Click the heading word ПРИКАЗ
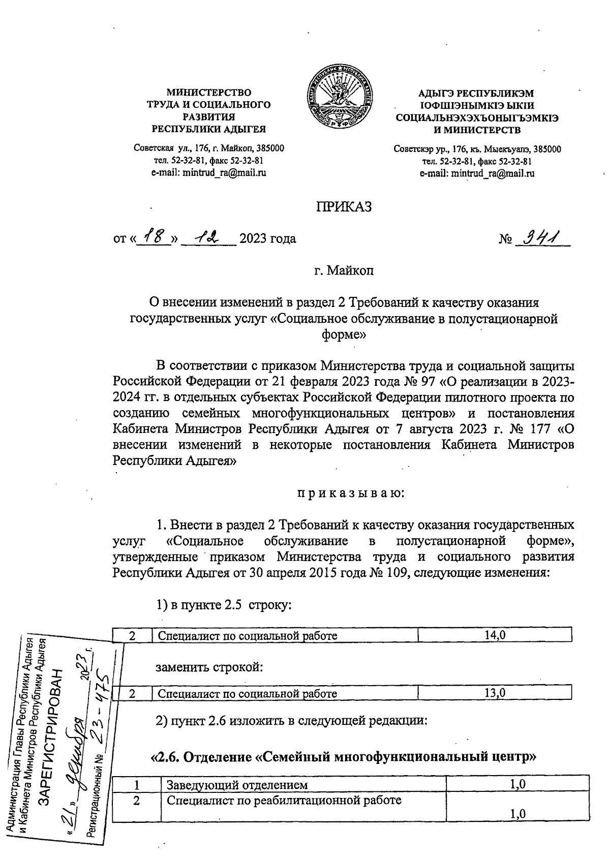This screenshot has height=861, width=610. pyautogui.click(x=344, y=207)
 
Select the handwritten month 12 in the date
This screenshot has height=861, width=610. pyautogui.click(x=208, y=237)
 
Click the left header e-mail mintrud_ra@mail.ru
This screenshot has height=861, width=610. pyautogui.click(x=209, y=172)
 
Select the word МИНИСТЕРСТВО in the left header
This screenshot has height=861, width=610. pyautogui.click(x=209, y=93)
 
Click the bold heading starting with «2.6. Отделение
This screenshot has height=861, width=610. pyautogui.click(x=344, y=757)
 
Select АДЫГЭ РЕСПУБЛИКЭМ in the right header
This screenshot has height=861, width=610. pyautogui.click(x=476, y=94)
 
